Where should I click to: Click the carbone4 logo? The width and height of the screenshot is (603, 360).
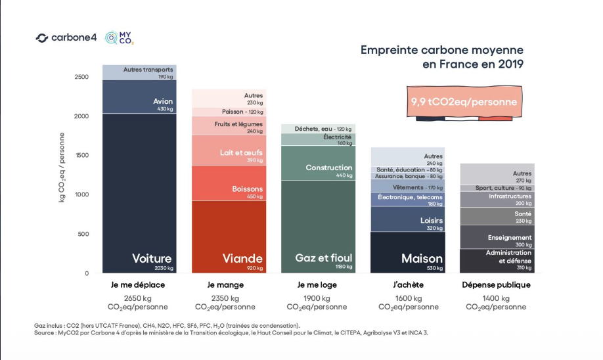66,37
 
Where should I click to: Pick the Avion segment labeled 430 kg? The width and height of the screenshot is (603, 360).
139,97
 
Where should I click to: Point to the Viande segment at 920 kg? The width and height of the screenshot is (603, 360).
229,237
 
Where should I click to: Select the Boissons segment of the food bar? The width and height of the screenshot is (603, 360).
229,183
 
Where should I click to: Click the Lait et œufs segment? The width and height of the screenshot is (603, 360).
229,150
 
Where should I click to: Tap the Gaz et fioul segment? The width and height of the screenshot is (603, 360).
318,227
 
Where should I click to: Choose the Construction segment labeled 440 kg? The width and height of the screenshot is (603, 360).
318,163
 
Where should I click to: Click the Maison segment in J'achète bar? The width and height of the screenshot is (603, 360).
408,252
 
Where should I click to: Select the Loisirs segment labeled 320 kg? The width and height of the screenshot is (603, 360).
408,219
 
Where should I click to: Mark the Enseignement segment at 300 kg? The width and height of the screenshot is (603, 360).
497,237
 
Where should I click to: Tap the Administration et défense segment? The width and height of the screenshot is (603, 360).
497,261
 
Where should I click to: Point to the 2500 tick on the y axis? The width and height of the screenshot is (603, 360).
81,77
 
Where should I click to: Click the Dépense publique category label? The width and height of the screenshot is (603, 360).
497,285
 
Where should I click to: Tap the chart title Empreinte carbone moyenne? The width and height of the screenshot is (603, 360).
441,50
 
